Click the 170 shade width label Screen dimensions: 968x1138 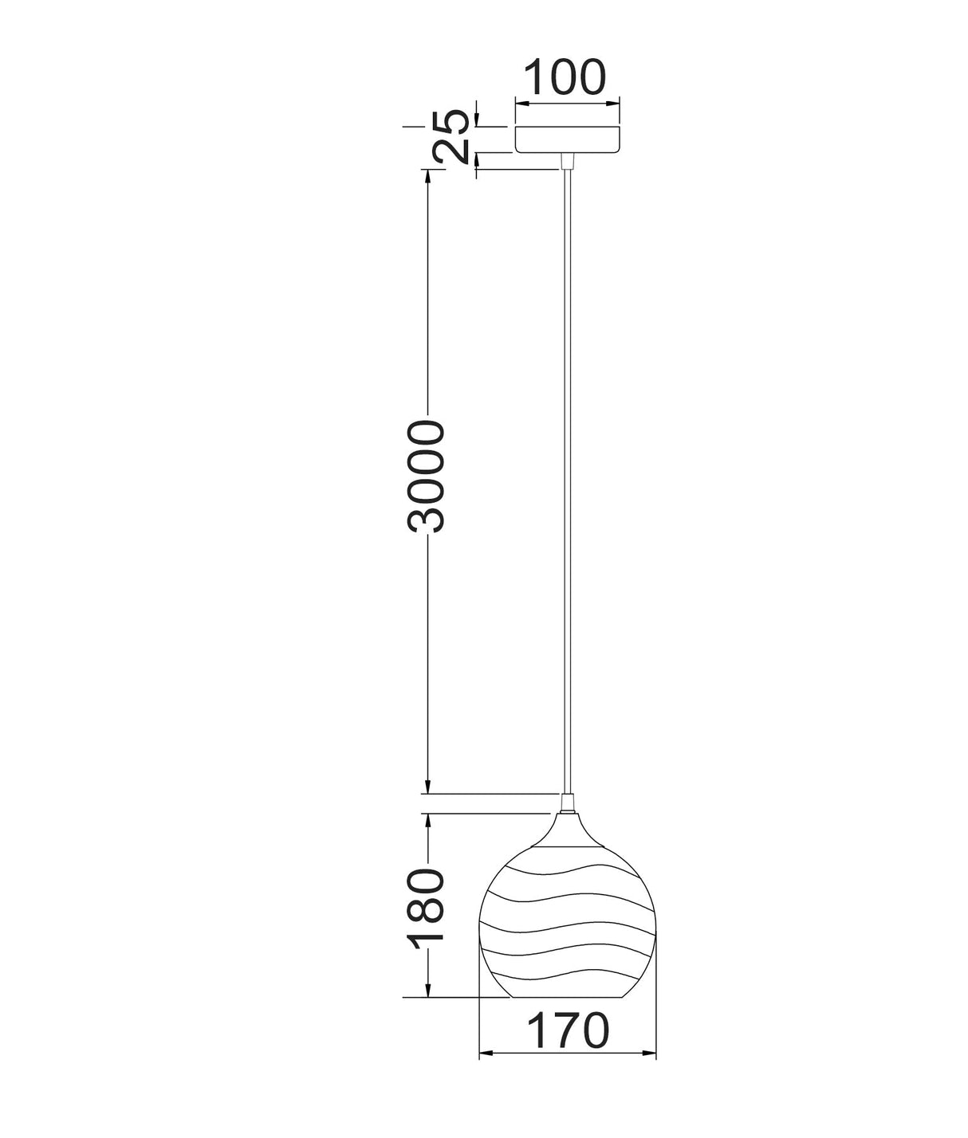(568, 1030)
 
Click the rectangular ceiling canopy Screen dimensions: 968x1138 (567, 139)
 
